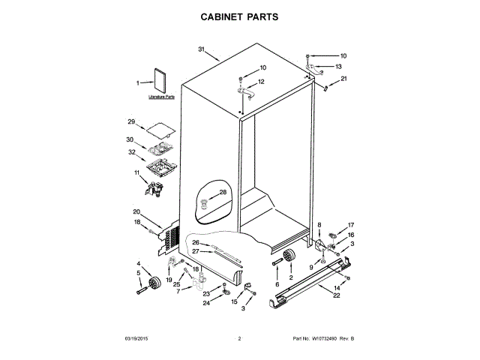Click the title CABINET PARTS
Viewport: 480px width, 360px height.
click(x=240, y=15)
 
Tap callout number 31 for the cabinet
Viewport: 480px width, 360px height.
click(x=202, y=49)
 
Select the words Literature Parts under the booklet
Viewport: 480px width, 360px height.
click(x=161, y=97)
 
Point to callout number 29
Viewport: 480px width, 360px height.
click(x=131, y=122)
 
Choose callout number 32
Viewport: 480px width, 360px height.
click(x=131, y=152)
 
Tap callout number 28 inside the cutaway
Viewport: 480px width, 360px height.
click(x=222, y=193)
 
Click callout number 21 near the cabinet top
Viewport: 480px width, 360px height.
click(x=343, y=79)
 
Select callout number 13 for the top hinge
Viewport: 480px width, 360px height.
click(x=338, y=66)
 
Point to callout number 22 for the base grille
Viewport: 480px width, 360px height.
click(x=337, y=295)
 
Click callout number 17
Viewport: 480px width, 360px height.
click(x=350, y=224)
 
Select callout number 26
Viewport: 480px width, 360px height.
click(x=196, y=242)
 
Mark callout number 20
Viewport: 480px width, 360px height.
click(x=136, y=211)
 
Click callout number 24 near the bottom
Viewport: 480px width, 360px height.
click(x=206, y=303)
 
